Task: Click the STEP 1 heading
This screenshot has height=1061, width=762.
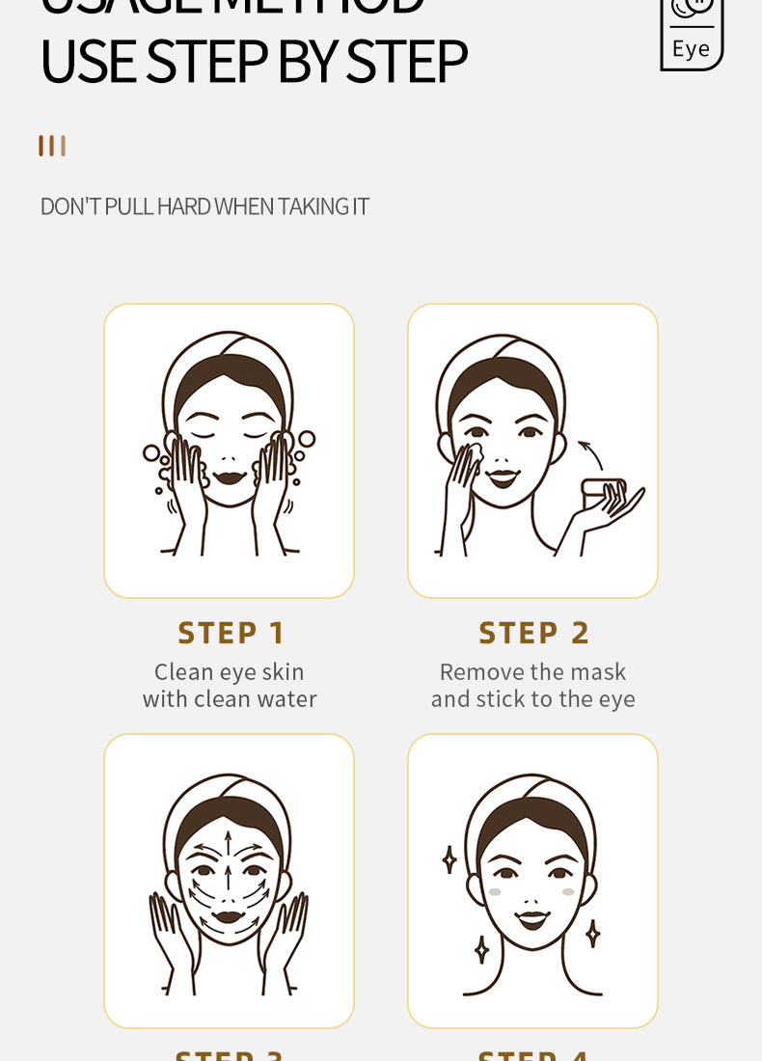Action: (231, 633)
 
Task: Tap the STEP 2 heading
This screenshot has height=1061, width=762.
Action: (534, 633)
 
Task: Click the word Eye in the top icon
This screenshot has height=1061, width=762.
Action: (691, 48)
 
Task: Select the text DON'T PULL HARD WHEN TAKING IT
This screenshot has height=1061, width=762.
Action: (204, 206)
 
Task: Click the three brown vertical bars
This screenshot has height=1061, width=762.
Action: (52, 146)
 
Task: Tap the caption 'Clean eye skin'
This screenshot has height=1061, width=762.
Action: (230, 671)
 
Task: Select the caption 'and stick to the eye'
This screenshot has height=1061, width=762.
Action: (533, 698)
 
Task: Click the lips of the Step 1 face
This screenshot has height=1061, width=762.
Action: (229, 476)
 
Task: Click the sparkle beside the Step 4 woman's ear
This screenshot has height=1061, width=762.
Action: (449, 858)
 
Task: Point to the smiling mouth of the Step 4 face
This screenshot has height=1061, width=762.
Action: (532, 919)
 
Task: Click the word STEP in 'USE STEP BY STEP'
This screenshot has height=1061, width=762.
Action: (206, 62)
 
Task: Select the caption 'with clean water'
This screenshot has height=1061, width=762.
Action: (230, 698)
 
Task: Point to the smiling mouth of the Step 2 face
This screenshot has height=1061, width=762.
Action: (502, 477)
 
